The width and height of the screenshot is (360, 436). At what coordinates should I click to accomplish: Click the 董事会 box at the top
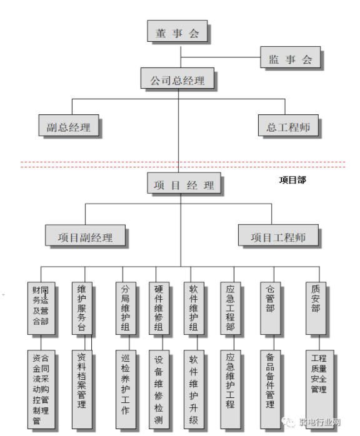click(x=177, y=33)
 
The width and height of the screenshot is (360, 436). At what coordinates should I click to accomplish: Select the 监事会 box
click(x=290, y=59)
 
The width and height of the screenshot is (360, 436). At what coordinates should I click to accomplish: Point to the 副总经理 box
click(x=68, y=127)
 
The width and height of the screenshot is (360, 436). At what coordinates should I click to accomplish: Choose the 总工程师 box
click(x=288, y=127)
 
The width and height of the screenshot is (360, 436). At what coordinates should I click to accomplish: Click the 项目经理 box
click(x=184, y=185)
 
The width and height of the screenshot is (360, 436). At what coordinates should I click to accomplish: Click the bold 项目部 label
click(x=292, y=179)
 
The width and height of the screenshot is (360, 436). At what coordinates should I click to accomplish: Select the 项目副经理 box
click(x=86, y=237)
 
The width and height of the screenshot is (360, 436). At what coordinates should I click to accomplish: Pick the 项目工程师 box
click(x=278, y=237)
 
